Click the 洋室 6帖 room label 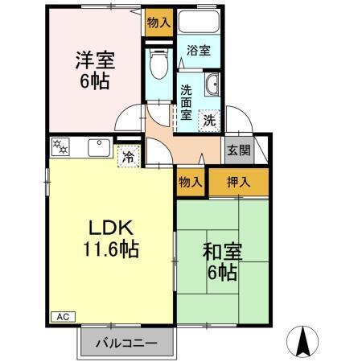coord(93,70)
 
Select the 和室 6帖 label coord(220,261)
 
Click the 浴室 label coord(199,51)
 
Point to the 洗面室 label coord(186,102)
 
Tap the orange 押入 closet coord(238,183)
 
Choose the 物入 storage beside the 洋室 coord(158,23)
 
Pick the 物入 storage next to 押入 coord(191,183)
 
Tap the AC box coord(61,316)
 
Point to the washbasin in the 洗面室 coord(213,85)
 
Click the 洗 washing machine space coord(208,120)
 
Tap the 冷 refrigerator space coord(127,157)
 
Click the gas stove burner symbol coord(60,147)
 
